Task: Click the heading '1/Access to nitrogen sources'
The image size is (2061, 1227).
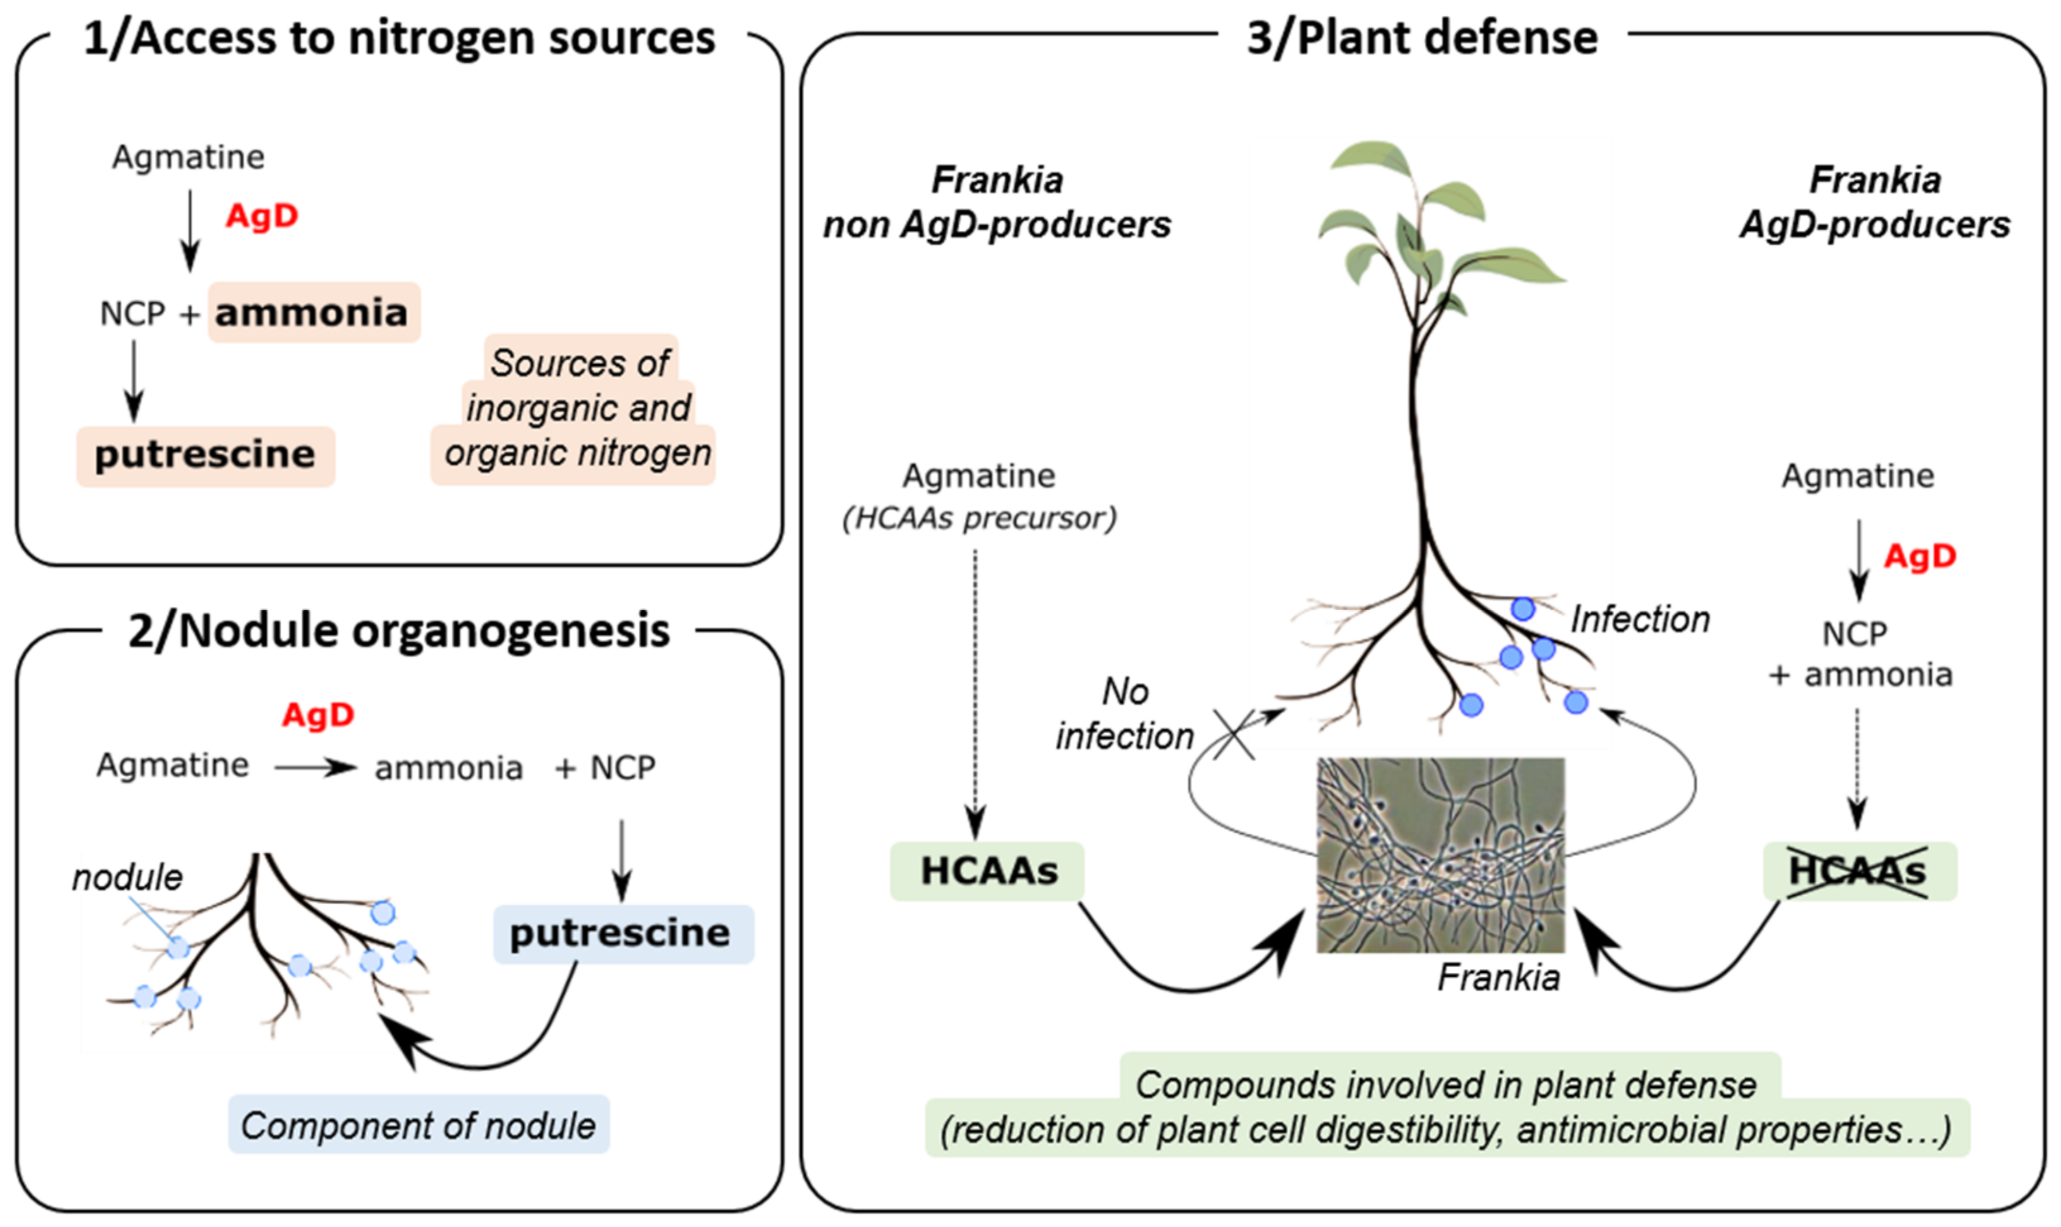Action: (x=399, y=38)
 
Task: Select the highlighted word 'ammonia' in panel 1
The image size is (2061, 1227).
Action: (x=312, y=312)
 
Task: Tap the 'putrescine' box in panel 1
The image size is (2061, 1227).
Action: (x=205, y=455)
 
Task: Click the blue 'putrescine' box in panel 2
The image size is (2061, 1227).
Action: (x=622, y=934)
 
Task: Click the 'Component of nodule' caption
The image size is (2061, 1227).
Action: (x=418, y=1125)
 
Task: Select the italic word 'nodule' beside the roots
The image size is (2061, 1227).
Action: (x=126, y=877)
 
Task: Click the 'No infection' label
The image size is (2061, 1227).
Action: (x=1125, y=714)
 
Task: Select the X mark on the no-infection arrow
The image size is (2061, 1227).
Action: (x=1235, y=734)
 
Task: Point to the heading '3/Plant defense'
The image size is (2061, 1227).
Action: (x=1422, y=38)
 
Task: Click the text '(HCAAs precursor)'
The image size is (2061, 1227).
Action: (x=979, y=518)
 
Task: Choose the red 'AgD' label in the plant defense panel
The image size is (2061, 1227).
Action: (x=1919, y=556)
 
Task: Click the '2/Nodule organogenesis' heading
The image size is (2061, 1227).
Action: (x=399, y=631)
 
